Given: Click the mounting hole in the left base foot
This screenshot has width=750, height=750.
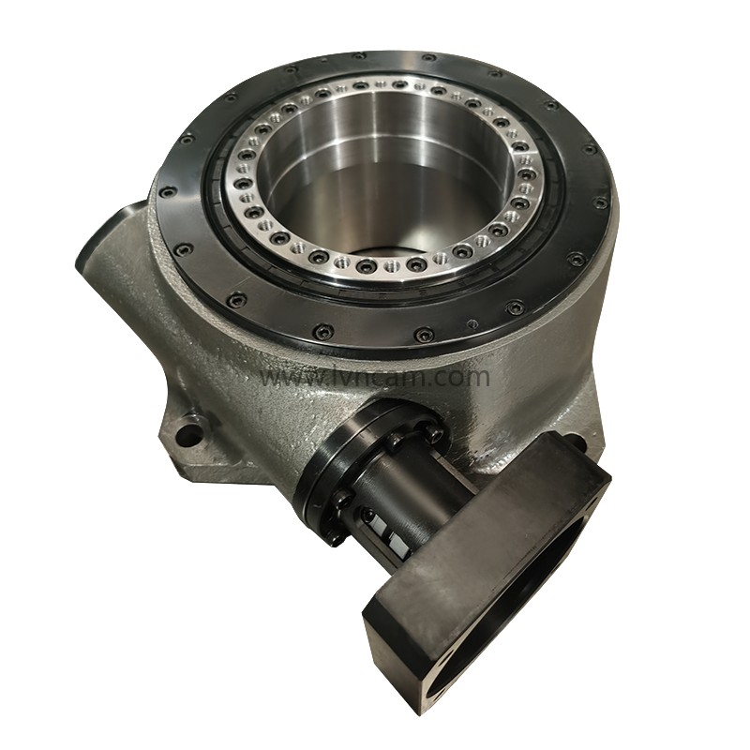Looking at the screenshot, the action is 188,436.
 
